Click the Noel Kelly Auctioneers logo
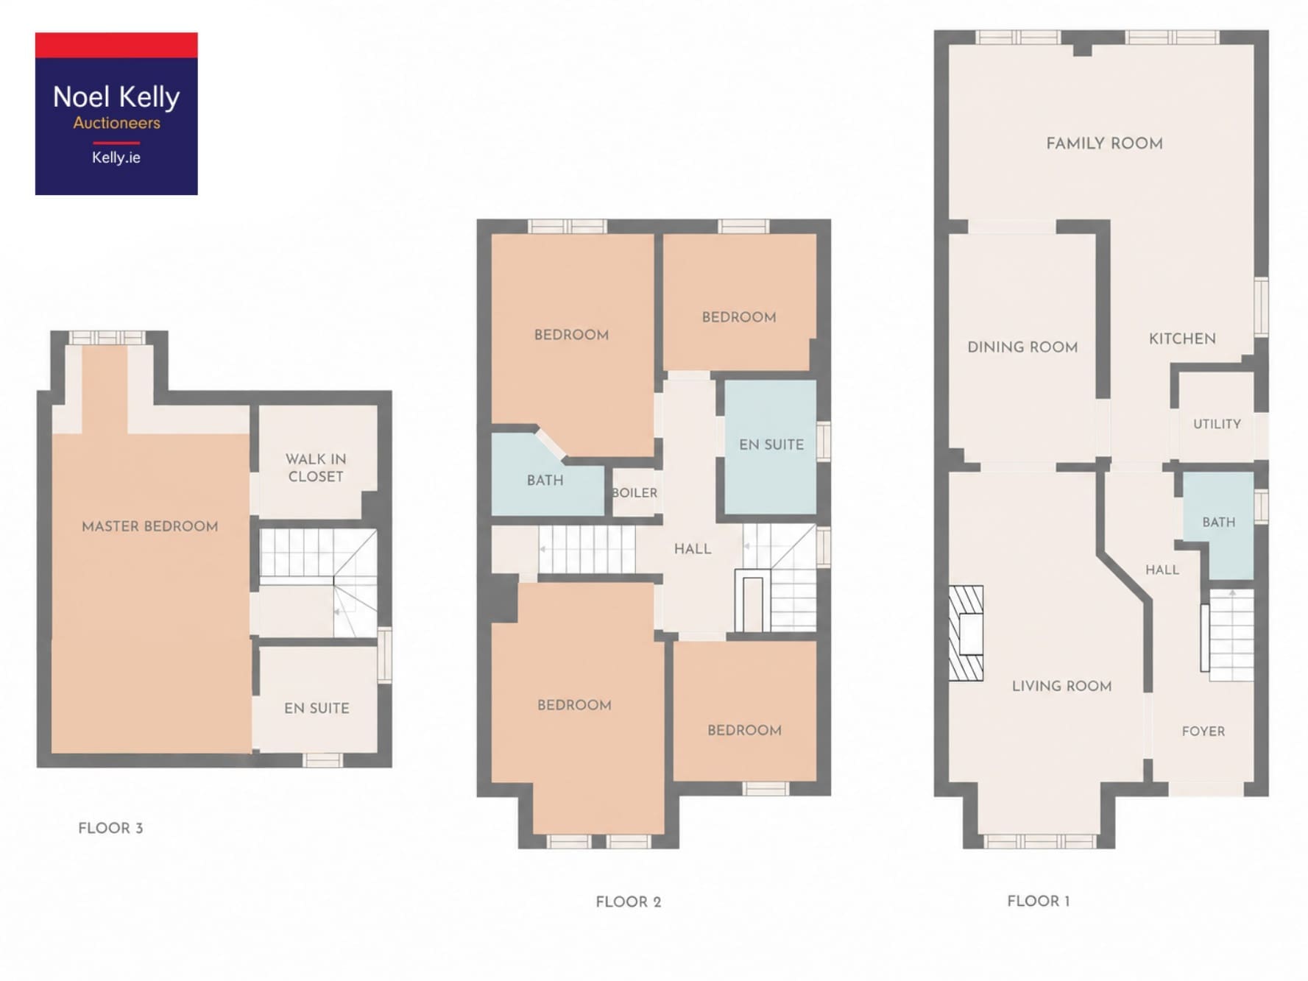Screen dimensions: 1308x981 pos(116,113)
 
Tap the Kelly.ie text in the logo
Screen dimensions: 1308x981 pos(116,157)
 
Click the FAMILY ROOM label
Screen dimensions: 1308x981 pos(1104,144)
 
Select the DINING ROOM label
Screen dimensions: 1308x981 pos(1022,347)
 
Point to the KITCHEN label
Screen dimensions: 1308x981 pos(1182,339)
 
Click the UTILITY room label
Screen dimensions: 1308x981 pos(1217,424)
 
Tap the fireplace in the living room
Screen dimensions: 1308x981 pos(966,633)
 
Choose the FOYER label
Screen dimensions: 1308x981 pos(1203,731)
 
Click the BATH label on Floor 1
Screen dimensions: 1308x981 pos(1219,522)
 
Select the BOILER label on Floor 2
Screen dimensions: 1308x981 pos(634,493)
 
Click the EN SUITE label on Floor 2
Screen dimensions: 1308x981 pos(771,445)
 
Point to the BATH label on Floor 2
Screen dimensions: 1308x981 pos(545,481)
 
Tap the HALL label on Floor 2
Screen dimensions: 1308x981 pos(693,549)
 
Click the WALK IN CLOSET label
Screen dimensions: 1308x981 pos(316,468)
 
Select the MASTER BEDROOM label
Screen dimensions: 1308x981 pos(150,526)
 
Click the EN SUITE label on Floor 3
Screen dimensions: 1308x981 pos(317,708)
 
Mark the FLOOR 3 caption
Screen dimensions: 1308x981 pos(110,828)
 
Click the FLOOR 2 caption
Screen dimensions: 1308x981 pos(629,902)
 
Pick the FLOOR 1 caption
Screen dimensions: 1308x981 pos(1039,901)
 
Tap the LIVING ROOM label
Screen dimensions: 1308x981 pos(1061,686)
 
